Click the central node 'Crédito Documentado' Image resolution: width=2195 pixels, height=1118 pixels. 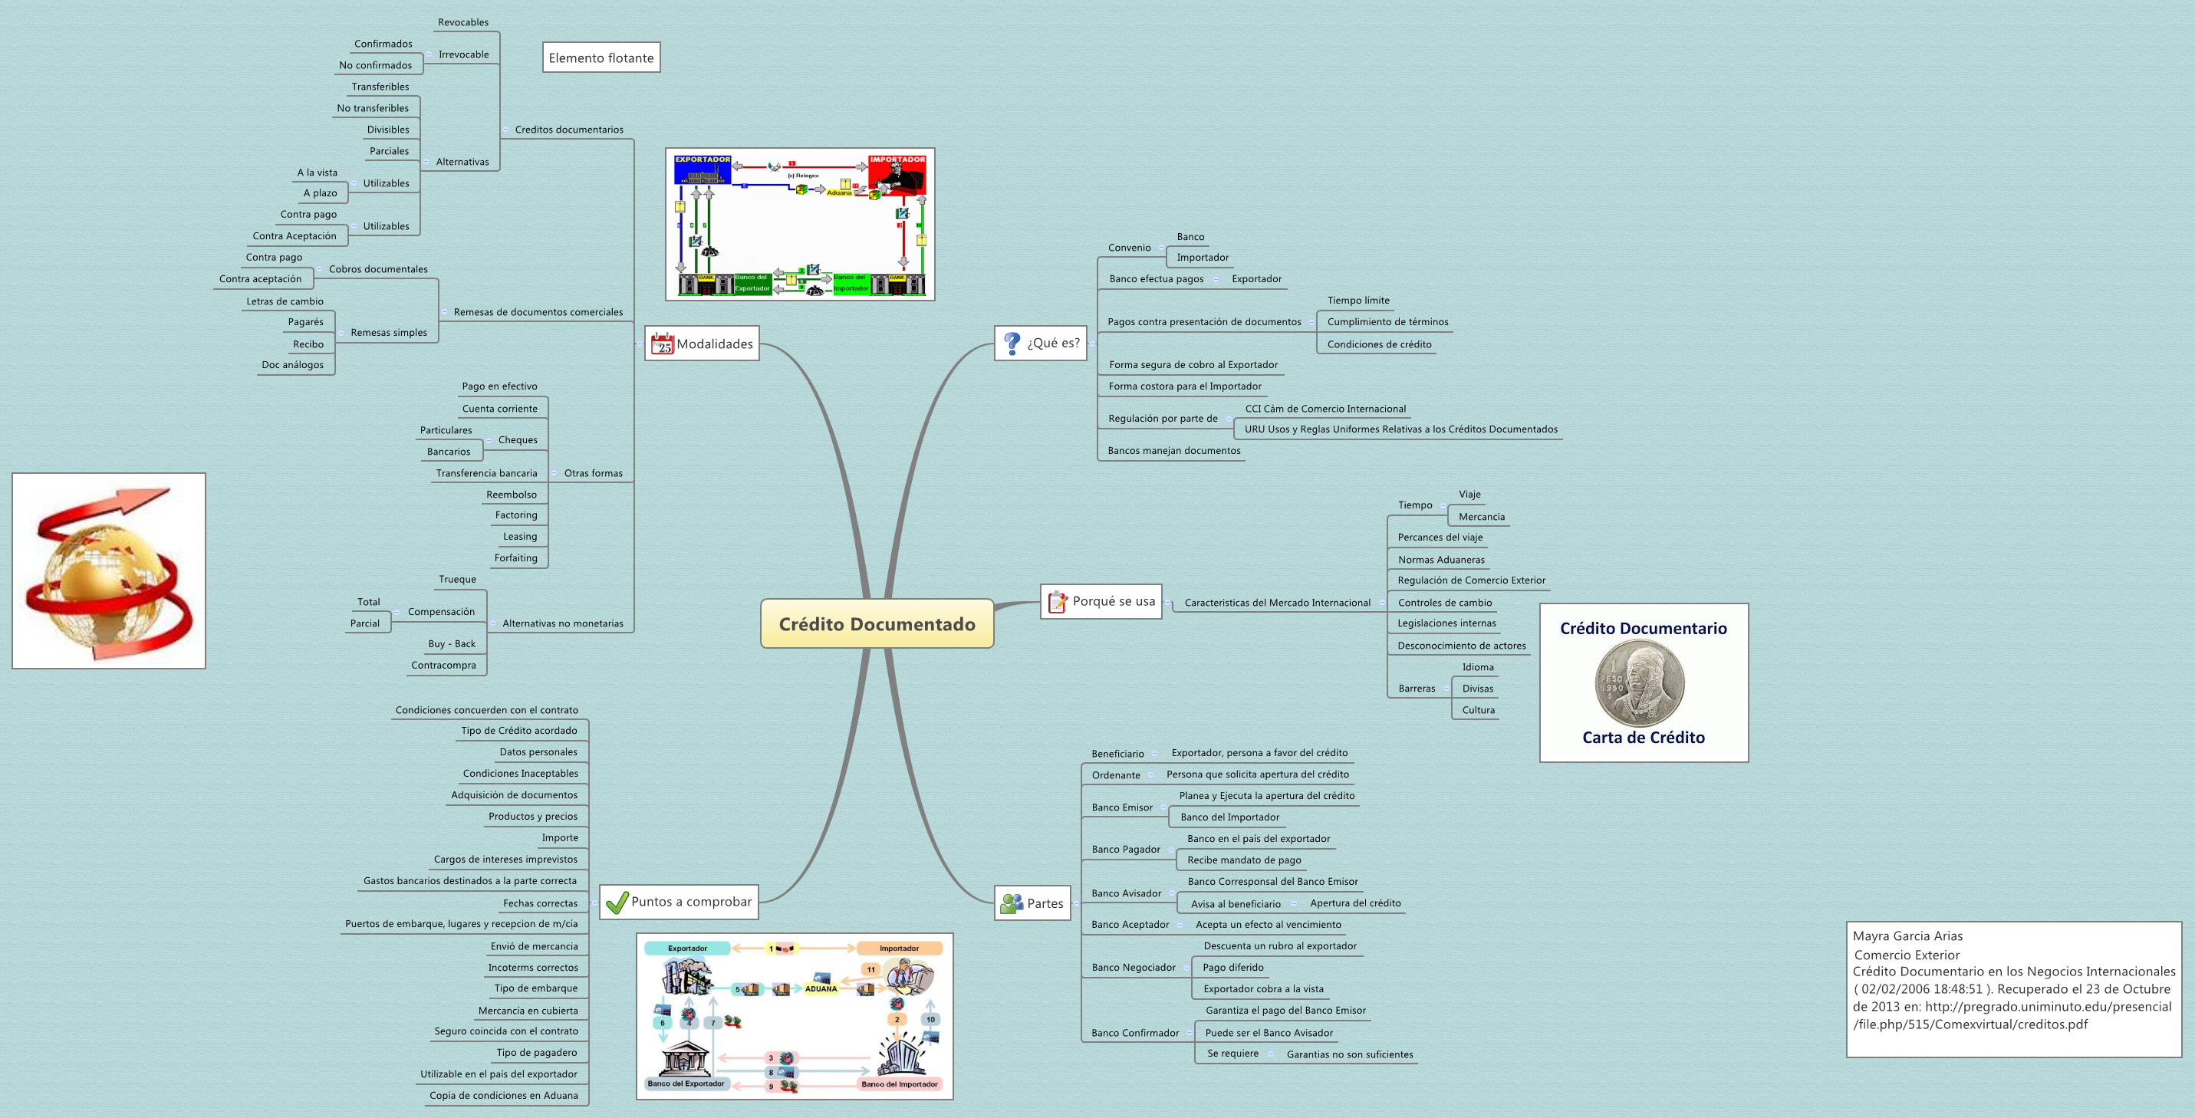pos(877,623)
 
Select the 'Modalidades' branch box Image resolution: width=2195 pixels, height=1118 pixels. pos(702,344)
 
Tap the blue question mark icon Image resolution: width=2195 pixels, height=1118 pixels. pos(1012,343)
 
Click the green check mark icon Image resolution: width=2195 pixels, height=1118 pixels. pos(616,903)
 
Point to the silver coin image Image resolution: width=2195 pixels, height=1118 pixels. pos(1640,683)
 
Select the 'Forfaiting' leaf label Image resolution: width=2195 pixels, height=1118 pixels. pos(515,558)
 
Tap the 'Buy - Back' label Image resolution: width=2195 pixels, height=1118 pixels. pos(452,644)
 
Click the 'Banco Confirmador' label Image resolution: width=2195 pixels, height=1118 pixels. pos(1135,1033)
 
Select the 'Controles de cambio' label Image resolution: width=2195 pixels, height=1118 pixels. pos(1444,603)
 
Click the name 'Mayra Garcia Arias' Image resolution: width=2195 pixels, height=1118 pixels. pos(1907,936)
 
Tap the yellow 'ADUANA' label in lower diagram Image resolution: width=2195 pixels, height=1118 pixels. pos(821,988)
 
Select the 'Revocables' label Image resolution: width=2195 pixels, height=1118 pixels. pos(462,22)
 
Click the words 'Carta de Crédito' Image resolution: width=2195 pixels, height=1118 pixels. pos(1643,738)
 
